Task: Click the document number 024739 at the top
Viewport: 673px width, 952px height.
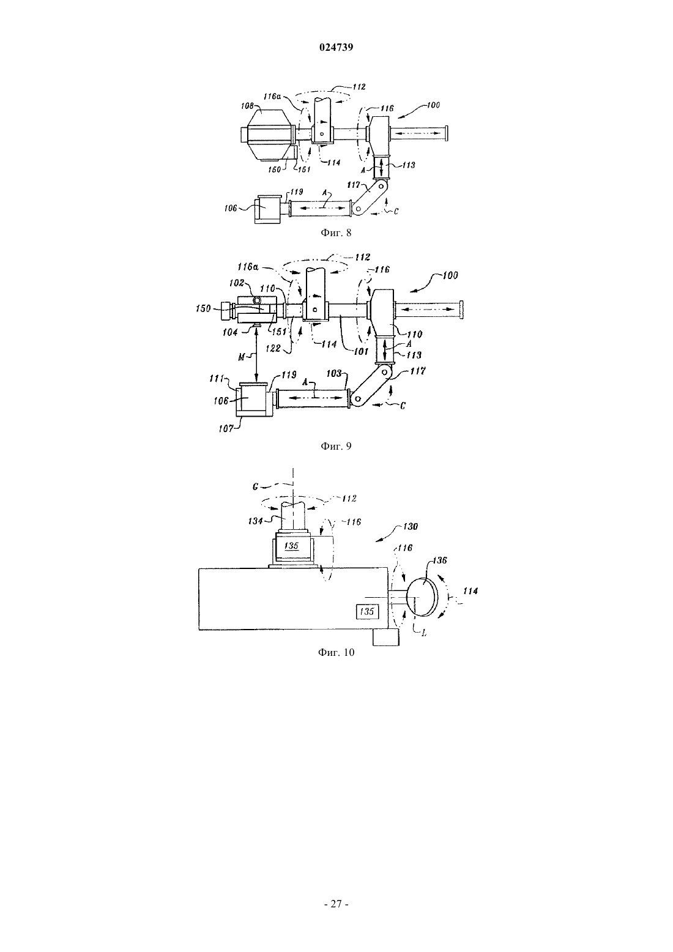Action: [x=336, y=48]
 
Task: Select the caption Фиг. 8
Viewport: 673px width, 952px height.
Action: [x=336, y=232]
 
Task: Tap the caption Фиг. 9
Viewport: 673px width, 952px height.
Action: [x=336, y=446]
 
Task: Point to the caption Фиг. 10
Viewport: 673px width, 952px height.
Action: [x=336, y=652]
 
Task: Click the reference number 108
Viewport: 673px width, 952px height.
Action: [x=247, y=105]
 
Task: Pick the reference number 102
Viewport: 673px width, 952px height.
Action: [x=236, y=283]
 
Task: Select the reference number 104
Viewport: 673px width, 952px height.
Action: [x=230, y=332]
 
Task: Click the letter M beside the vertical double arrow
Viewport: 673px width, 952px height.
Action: [x=241, y=357]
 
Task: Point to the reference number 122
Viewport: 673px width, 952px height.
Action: [x=273, y=348]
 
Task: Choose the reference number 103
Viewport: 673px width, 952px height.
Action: [x=334, y=373]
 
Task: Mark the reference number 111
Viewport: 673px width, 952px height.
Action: [x=217, y=377]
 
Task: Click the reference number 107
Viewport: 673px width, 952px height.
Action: [x=226, y=428]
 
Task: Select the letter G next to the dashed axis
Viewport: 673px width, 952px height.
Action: [x=255, y=486]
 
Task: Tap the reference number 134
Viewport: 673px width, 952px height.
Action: [x=255, y=520]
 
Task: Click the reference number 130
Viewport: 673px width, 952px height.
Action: [x=410, y=526]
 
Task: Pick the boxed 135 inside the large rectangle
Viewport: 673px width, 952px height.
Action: [x=366, y=611]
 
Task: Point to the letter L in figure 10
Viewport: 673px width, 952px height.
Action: [x=424, y=633]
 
